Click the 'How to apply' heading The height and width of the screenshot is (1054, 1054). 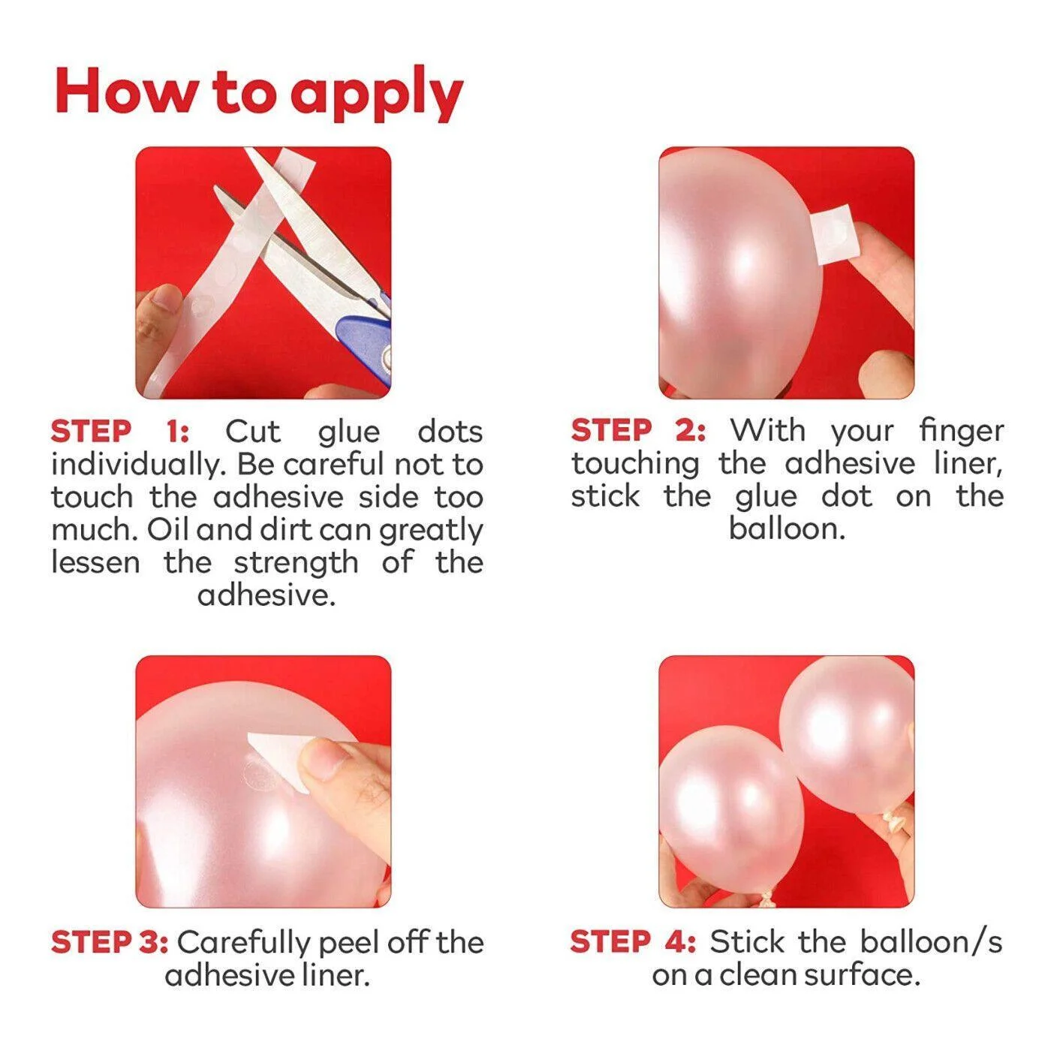coord(259,94)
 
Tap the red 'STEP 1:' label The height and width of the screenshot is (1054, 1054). coord(120,432)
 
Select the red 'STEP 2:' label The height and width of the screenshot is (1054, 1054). coord(638,431)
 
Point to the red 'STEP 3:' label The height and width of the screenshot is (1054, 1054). coord(110,942)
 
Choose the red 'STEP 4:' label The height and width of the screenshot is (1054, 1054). coord(633,942)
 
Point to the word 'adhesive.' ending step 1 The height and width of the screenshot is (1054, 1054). coord(267,595)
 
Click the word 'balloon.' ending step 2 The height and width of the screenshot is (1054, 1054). coord(787,529)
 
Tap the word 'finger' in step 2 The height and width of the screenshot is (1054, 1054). coord(961,432)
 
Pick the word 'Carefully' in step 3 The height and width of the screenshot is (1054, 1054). coord(243,943)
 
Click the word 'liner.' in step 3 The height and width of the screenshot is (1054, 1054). coord(336,975)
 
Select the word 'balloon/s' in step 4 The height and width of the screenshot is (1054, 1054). coord(930,942)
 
